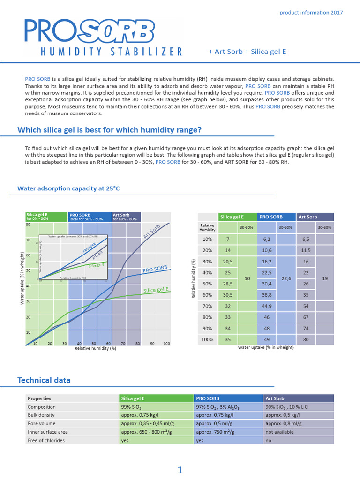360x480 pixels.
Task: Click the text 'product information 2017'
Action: click(x=311, y=12)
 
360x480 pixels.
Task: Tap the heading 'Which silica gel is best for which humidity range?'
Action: click(x=110, y=130)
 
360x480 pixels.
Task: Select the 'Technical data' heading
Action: click(x=44, y=380)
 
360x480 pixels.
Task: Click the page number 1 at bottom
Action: click(x=180, y=470)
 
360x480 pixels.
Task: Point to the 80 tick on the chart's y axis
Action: click(x=28, y=225)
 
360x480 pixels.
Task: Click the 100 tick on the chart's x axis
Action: click(x=166, y=344)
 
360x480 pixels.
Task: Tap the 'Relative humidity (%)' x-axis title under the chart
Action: click(x=96, y=348)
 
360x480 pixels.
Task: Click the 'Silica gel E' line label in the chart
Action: click(x=156, y=290)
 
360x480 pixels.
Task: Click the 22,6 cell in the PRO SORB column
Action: click(x=286, y=278)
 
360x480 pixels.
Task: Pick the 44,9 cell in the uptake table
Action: click(x=267, y=306)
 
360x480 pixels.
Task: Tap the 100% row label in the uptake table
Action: click(x=207, y=339)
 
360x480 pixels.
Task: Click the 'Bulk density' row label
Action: click(x=41, y=415)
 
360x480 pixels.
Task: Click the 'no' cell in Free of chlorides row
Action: click(x=268, y=440)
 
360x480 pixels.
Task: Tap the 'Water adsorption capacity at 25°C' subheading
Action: click(x=68, y=188)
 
